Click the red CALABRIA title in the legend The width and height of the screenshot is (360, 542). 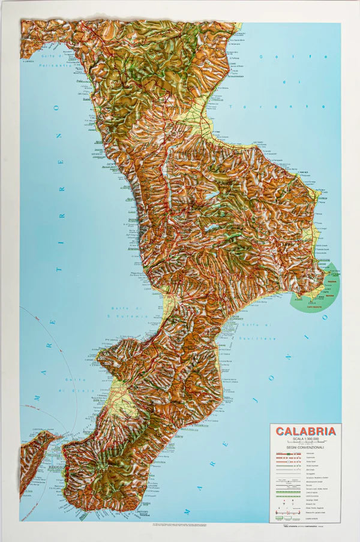click(x=306, y=432)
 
